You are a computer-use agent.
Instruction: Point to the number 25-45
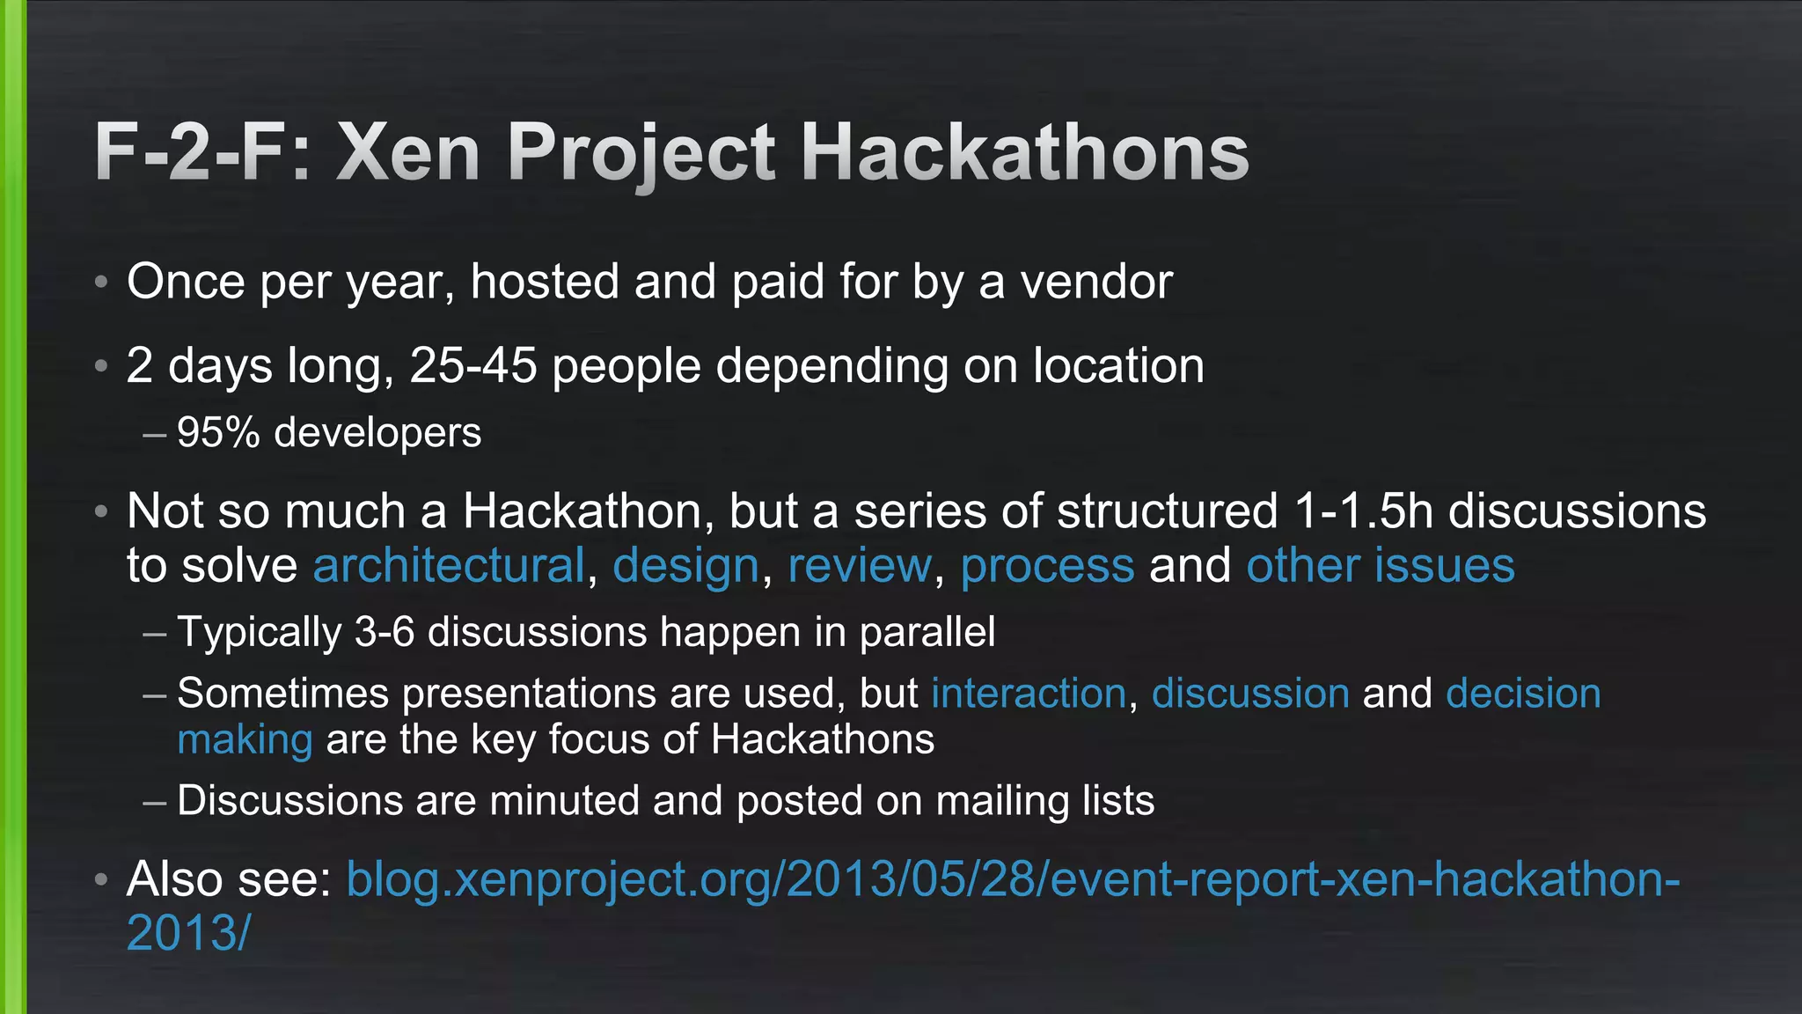tap(473, 365)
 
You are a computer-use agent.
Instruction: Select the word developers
tap(377, 432)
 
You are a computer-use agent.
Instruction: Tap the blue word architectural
tap(449, 565)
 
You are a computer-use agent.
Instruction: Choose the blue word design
tap(685, 565)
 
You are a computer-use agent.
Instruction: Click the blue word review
tap(860, 565)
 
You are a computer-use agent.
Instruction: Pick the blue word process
tap(1047, 565)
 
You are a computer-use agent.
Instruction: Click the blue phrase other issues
tap(1381, 565)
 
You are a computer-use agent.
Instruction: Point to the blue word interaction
tap(1029, 694)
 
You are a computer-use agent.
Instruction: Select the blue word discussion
tap(1250, 694)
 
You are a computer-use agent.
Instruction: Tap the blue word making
tap(245, 739)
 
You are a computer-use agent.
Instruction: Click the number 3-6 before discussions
tap(385, 632)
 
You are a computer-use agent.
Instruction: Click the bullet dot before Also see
tap(102, 878)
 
